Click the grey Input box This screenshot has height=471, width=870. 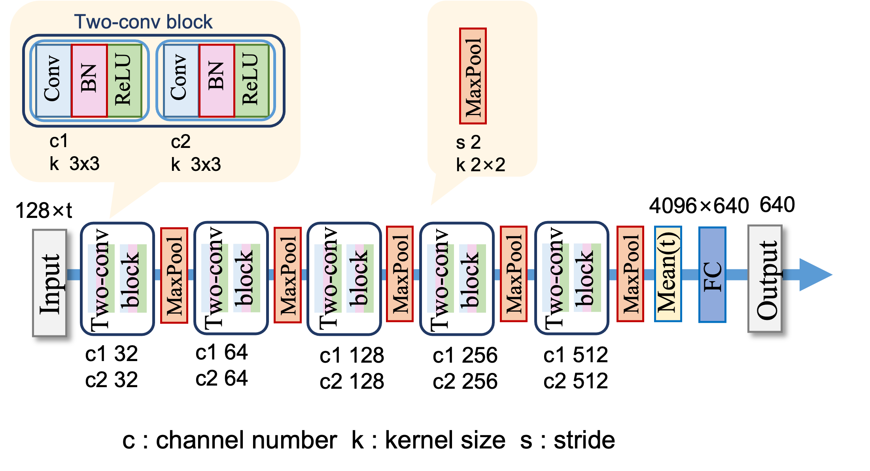(49, 283)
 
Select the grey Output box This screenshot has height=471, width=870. (765, 278)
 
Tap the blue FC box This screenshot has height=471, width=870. (712, 274)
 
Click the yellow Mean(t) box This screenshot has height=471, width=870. (668, 274)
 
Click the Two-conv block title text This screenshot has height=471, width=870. (143, 22)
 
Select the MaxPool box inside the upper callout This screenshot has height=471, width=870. (473, 76)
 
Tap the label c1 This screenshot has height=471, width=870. (59, 141)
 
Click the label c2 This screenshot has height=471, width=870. (180, 142)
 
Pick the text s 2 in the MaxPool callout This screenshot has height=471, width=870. (468, 142)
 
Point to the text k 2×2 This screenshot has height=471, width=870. (480, 165)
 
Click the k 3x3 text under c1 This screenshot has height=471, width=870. (74, 164)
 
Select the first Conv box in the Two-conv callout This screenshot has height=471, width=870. (53, 81)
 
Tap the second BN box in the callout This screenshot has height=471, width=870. (217, 81)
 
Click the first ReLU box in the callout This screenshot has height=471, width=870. (124, 81)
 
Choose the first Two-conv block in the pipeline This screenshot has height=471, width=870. (117, 278)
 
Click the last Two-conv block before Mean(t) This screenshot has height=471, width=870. (571, 278)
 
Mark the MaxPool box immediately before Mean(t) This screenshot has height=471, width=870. (630, 274)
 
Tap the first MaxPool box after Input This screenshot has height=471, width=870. (174, 275)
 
